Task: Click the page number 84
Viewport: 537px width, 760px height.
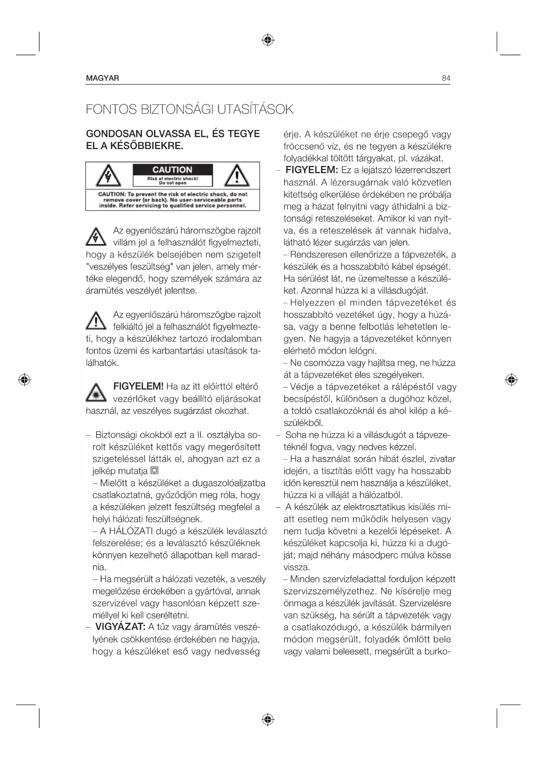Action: coord(446,78)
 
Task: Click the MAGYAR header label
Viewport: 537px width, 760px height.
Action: coord(103,78)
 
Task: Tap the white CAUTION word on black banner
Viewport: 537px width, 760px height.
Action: coord(172,170)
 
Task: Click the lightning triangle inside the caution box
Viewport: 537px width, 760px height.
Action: coord(108,176)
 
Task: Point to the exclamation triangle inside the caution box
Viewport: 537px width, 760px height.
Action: coord(236,176)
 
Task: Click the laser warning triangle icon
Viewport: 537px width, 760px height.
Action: coord(96,393)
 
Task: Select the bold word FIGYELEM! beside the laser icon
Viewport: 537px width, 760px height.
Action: coord(138,386)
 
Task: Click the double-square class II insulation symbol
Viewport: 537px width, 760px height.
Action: coord(155,471)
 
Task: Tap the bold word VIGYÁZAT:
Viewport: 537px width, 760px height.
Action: coord(120,627)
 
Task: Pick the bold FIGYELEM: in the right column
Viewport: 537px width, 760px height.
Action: coord(312,170)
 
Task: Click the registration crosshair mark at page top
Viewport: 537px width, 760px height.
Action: coord(268,40)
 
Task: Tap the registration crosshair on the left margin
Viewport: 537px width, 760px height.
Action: coord(25,380)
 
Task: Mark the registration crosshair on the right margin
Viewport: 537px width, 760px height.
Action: coord(511,380)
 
